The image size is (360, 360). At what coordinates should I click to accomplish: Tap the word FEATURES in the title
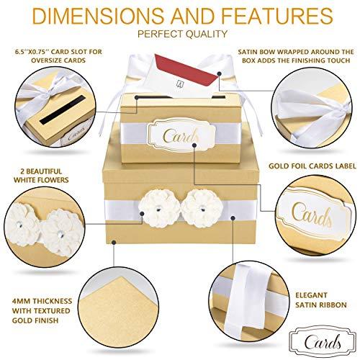pos(277,16)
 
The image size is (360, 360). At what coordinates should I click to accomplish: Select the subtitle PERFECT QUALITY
pos(182,34)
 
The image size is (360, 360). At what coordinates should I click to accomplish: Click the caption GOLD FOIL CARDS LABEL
pos(312,166)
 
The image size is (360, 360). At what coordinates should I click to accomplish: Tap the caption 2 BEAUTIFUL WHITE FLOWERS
pos(41,176)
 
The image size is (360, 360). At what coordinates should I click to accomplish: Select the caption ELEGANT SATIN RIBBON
pos(321,300)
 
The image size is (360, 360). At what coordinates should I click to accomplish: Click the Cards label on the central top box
pos(181,135)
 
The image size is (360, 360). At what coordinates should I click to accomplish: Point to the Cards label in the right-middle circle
pos(312,214)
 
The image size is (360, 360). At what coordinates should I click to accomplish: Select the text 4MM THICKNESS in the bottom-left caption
pos(42,301)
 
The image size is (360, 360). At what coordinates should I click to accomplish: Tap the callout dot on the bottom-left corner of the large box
pos(114,242)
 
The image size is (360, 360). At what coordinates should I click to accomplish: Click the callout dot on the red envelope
pos(219,73)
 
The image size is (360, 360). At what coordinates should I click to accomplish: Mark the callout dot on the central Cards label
pos(195,145)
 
